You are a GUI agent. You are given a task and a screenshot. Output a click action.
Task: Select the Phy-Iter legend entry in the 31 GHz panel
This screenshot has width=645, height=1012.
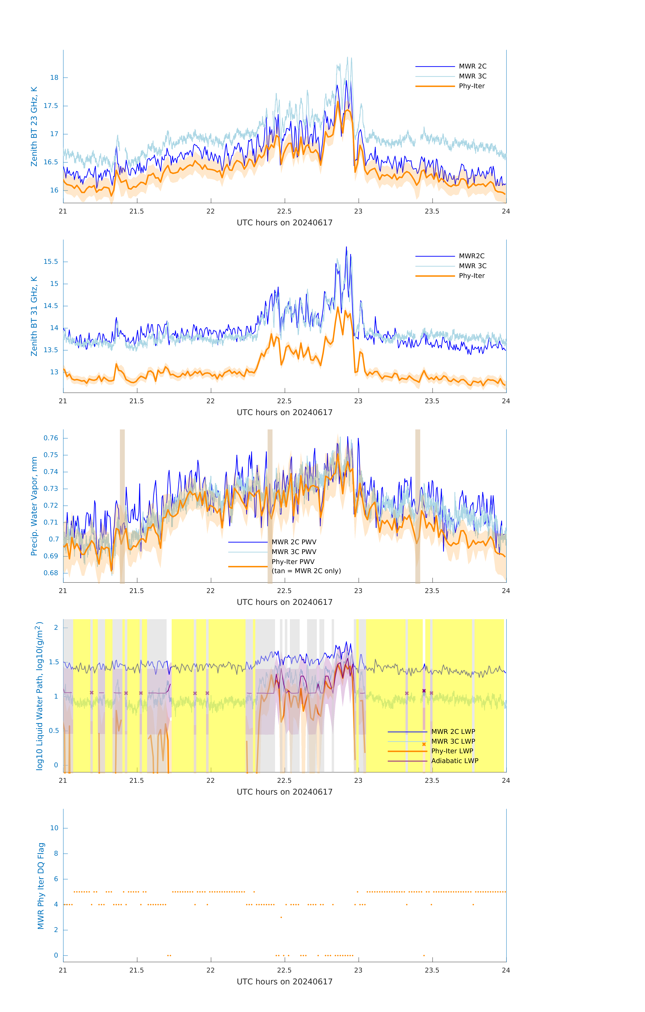471,276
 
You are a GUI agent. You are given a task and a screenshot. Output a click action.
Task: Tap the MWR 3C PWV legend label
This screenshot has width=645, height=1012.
294,552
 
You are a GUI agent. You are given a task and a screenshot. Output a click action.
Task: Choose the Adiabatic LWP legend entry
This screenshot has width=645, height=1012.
455,761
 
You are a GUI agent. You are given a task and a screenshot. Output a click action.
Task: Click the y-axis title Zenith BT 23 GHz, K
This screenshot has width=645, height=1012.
34,126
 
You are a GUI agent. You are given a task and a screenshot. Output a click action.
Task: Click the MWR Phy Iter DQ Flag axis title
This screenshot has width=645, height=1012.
41,885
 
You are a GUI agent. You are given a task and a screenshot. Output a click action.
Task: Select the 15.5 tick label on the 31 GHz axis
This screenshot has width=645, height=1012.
51,261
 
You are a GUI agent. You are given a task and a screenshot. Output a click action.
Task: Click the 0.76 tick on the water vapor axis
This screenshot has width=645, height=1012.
51,438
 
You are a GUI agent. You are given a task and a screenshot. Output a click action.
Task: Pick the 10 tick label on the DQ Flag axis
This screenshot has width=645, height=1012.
54,828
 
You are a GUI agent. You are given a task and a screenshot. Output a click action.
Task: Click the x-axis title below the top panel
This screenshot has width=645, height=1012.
284,223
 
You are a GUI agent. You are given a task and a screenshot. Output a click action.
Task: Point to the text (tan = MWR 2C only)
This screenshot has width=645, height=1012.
306,571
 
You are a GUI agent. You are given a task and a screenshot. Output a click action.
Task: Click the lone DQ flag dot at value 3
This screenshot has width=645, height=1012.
281,917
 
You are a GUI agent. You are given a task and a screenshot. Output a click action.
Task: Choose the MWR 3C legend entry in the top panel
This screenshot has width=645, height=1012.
472,76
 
